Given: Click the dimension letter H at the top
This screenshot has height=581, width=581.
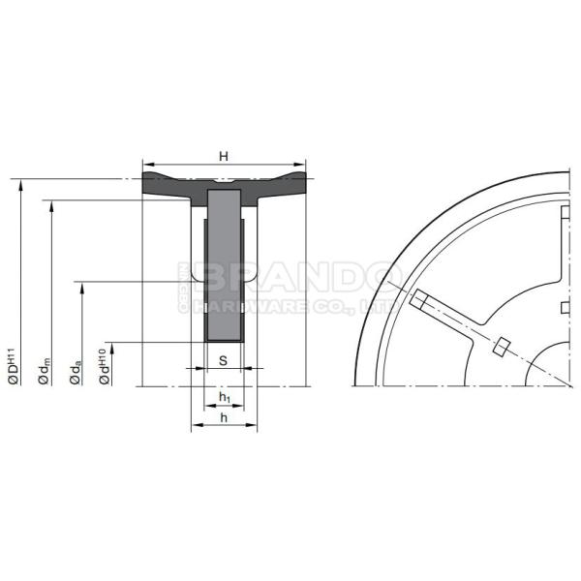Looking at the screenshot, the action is (224, 157).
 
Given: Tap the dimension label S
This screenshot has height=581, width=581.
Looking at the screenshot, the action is (223, 360).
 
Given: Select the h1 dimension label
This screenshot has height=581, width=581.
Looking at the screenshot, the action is (225, 397).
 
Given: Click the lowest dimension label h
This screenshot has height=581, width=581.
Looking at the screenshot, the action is (224, 417).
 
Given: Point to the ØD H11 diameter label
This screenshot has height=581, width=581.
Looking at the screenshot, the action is (14, 366).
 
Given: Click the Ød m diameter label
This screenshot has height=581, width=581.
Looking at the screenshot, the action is (45, 371).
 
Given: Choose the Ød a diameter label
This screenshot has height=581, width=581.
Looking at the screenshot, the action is (76, 371).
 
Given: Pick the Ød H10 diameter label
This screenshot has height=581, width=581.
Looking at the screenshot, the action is (105, 366).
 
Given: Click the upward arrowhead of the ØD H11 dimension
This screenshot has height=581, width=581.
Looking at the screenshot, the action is (21, 185).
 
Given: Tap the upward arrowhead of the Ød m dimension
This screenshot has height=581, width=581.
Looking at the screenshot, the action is (51, 206).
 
